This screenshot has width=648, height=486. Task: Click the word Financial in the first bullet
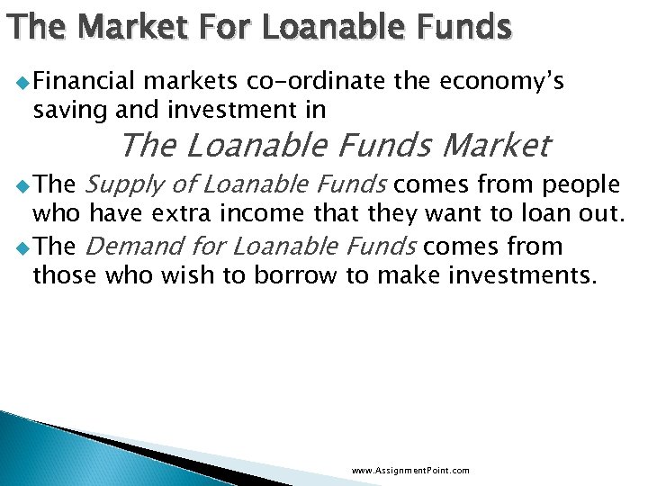point(83,82)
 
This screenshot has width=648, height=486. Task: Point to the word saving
point(66,110)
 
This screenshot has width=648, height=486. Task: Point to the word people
point(580,185)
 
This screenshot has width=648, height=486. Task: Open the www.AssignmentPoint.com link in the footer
point(410,470)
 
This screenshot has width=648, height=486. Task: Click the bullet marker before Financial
point(23,83)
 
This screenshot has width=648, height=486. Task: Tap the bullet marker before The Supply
point(23,186)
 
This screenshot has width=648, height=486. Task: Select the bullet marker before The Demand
point(23,247)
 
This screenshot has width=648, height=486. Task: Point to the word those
point(66,274)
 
